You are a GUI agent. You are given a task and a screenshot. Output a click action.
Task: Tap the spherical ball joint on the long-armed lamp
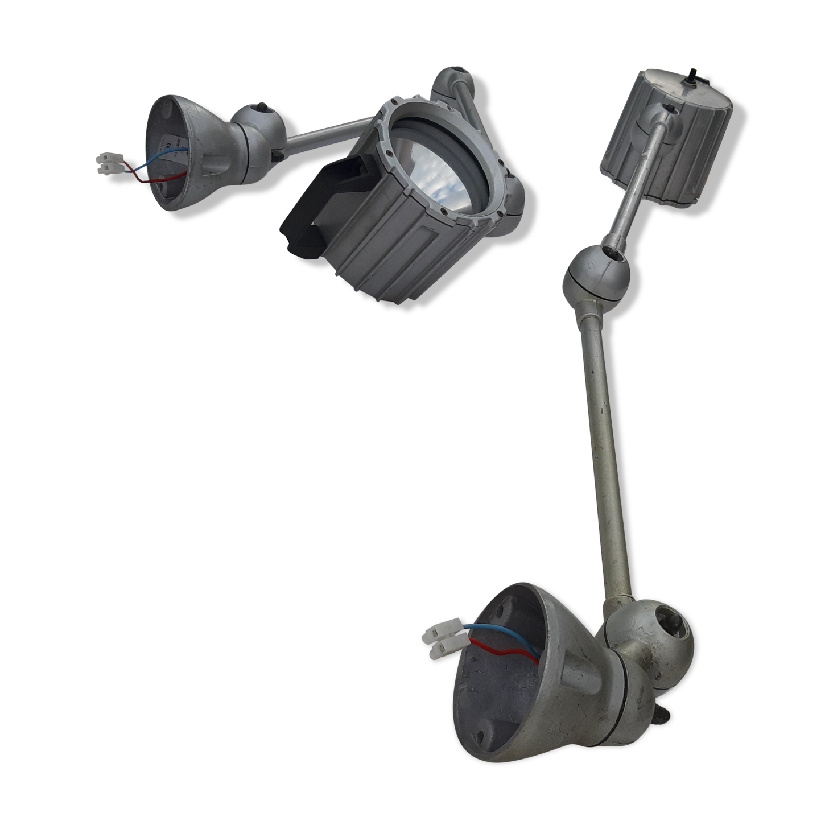coord(595,273)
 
